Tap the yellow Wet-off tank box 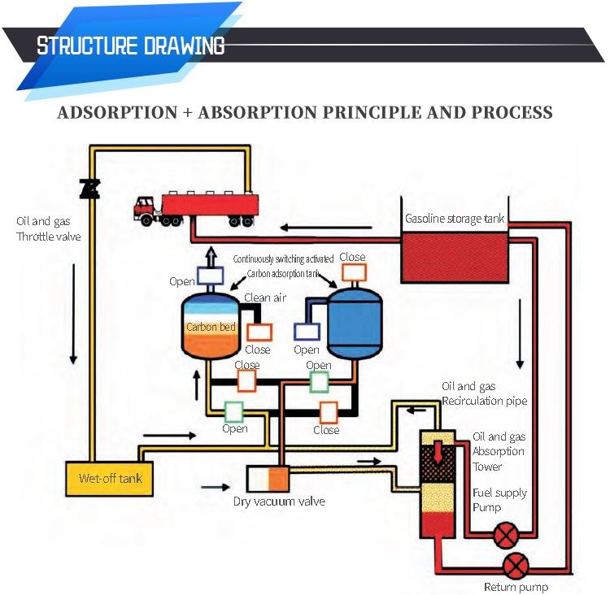pyautogui.click(x=110, y=477)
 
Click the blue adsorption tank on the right pyautogui.click(x=355, y=322)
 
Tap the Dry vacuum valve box pyautogui.click(x=268, y=478)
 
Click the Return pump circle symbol pyautogui.click(x=514, y=565)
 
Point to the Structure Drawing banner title pyautogui.click(x=130, y=46)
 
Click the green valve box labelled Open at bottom pyautogui.click(x=234, y=411)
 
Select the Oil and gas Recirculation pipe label pyautogui.click(x=484, y=393)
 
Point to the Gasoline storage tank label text pyautogui.click(x=455, y=219)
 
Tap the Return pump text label pyautogui.click(x=516, y=587)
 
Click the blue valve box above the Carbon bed pyautogui.click(x=210, y=276)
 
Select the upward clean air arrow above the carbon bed pyautogui.click(x=210, y=256)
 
